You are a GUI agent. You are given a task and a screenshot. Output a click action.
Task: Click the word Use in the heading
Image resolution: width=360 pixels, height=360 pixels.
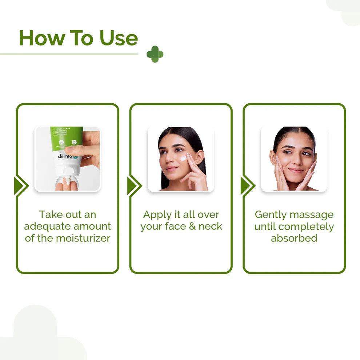pos(119,38)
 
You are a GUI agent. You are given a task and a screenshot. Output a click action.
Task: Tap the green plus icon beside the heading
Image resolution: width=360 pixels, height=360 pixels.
pos(155,54)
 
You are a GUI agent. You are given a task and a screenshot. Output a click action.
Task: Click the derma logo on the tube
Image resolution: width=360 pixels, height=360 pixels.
pos(66,156)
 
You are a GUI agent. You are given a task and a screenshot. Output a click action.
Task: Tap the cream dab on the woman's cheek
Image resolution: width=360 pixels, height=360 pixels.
pos(184,159)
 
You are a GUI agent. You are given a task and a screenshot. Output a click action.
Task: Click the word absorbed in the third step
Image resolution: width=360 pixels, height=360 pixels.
pos(294,238)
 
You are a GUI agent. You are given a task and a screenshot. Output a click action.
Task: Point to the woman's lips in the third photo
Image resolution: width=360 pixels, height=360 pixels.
pos(295,170)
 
